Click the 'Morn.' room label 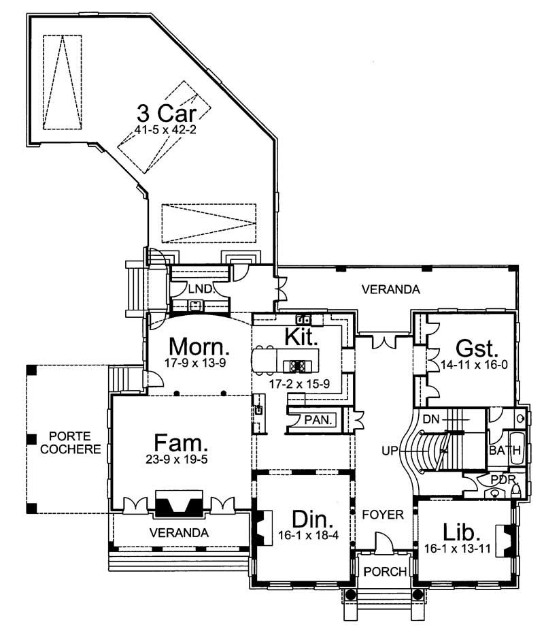(199, 346)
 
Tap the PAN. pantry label (318, 421)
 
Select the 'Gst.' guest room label (468, 349)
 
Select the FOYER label (383, 515)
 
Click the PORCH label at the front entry (384, 570)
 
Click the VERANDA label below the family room (180, 532)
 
